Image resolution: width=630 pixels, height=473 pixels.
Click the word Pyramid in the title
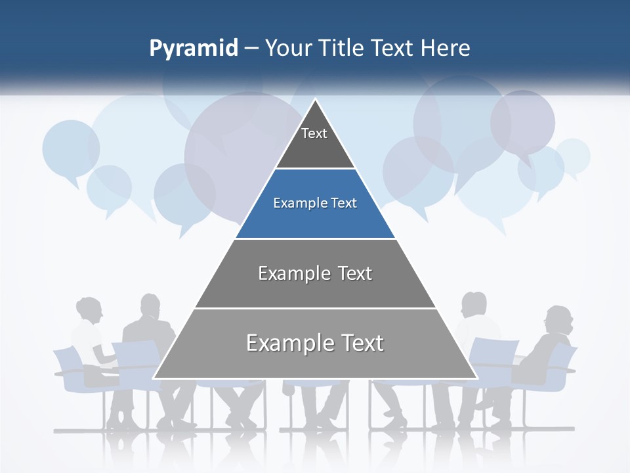[x=194, y=49]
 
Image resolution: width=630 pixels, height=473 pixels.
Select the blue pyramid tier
[x=315, y=204]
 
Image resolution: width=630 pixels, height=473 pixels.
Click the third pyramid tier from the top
[x=315, y=273]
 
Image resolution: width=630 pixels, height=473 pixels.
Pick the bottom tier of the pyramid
[x=315, y=344]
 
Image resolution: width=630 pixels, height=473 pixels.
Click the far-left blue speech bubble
[x=70, y=148]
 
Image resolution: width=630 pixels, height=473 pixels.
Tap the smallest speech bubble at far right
[x=573, y=156]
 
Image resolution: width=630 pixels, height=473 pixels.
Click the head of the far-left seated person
[x=89, y=311]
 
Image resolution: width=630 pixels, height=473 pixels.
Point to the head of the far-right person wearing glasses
[x=560, y=320]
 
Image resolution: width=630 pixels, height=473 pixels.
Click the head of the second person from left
[x=150, y=306]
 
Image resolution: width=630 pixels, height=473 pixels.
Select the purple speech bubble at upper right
[x=523, y=122]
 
